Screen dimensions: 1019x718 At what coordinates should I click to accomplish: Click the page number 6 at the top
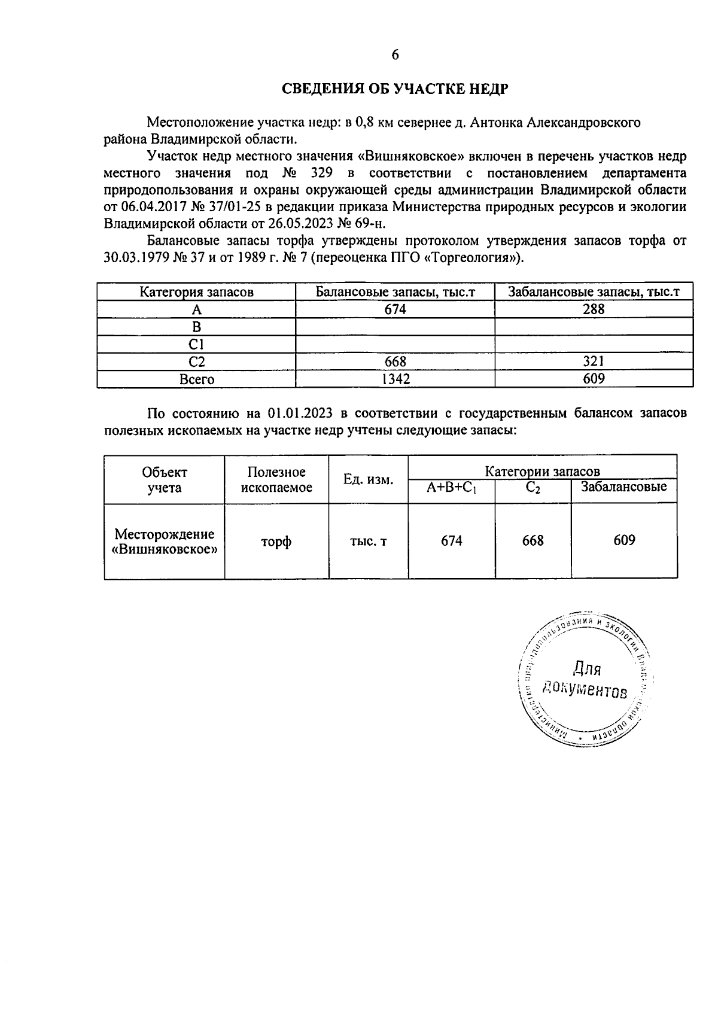pos(395,55)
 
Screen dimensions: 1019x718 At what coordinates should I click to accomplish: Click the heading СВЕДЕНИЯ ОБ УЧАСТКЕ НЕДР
pos(395,89)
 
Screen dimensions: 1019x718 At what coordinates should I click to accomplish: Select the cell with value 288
pos(593,309)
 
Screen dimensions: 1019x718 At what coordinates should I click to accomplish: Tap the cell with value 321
pos(593,361)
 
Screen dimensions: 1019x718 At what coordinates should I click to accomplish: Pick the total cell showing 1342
pos(395,379)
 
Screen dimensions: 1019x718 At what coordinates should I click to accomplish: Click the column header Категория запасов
pos(196,292)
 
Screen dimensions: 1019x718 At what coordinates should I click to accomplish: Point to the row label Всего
pos(196,379)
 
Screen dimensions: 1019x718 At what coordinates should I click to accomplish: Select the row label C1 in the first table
pos(196,344)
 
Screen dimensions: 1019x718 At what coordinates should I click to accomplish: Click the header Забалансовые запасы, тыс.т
pos(593,292)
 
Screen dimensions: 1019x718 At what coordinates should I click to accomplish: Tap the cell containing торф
pos(276,542)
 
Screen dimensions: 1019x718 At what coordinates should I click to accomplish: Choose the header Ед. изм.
pos(368,479)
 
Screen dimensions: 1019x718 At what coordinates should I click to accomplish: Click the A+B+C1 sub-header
pos(451,488)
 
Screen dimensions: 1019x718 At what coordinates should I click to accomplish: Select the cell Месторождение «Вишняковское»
pos(165,542)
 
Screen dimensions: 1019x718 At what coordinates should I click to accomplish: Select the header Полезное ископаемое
pos(276,479)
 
